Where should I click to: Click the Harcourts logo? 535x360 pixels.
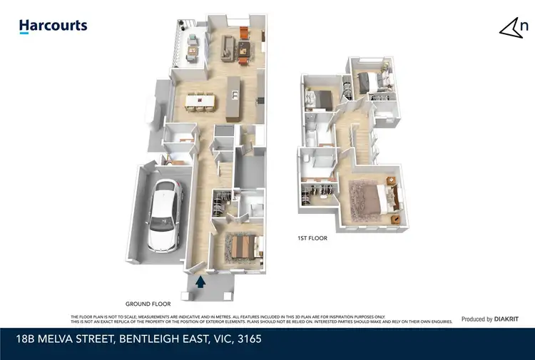point(53,26)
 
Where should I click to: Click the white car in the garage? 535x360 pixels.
point(164,215)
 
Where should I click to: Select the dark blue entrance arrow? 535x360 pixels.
point(201,282)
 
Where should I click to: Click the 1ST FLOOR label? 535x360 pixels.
point(313,239)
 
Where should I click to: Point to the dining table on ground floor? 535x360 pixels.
point(199,101)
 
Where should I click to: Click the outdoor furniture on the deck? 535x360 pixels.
point(192,48)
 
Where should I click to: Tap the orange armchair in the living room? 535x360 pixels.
point(244,33)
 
